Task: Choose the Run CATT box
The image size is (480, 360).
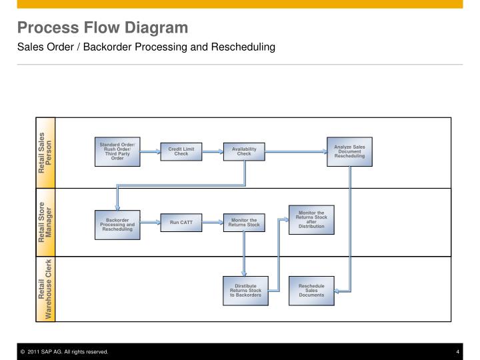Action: (x=181, y=223)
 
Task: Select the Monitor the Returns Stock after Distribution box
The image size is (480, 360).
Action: (x=311, y=219)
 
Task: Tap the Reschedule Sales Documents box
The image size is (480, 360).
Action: (x=311, y=290)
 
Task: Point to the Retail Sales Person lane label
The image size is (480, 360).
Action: (x=45, y=153)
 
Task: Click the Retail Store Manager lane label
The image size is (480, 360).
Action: (x=45, y=222)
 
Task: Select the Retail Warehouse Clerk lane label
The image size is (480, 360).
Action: (x=45, y=289)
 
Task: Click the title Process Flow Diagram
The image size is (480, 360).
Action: (x=103, y=28)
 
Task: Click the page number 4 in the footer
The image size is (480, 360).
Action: (x=458, y=351)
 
